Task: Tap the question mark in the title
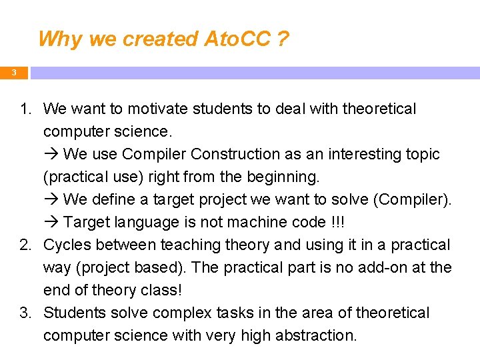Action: pos(283,39)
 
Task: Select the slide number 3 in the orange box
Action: pos(13,72)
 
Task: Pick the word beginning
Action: pos(286,177)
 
